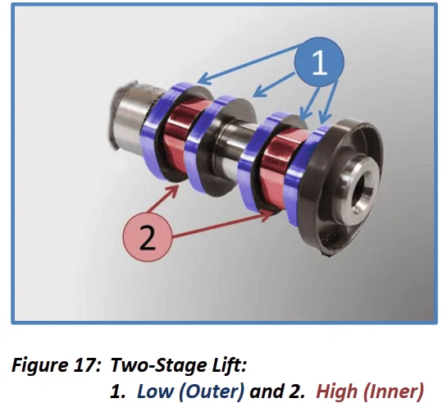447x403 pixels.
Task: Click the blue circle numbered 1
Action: coord(319,62)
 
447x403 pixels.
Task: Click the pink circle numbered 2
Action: coord(148,236)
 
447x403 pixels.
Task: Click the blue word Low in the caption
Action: coord(155,391)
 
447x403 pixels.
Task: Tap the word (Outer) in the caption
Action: coord(212,392)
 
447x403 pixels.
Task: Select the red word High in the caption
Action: coord(336,392)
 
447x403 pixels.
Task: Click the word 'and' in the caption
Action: coord(265,391)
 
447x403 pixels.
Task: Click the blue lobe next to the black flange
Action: coord(302,174)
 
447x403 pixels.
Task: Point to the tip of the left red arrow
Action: coord(179,186)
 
